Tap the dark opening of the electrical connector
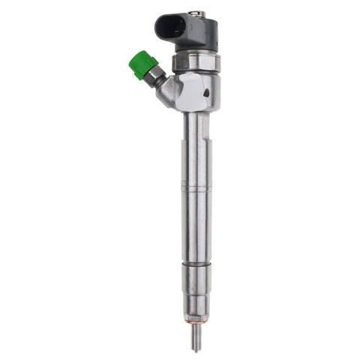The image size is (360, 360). (170, 27)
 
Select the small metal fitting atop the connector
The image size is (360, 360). (198, 13)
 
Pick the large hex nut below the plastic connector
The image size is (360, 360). (196, 61)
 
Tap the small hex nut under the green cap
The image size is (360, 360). (157, 74)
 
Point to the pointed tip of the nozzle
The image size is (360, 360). (196, 350)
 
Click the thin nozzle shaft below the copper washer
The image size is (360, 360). (196, 337)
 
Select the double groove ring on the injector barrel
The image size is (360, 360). (196, 189)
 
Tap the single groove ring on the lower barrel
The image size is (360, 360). (196, 264)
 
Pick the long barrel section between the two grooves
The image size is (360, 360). (196, 225)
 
